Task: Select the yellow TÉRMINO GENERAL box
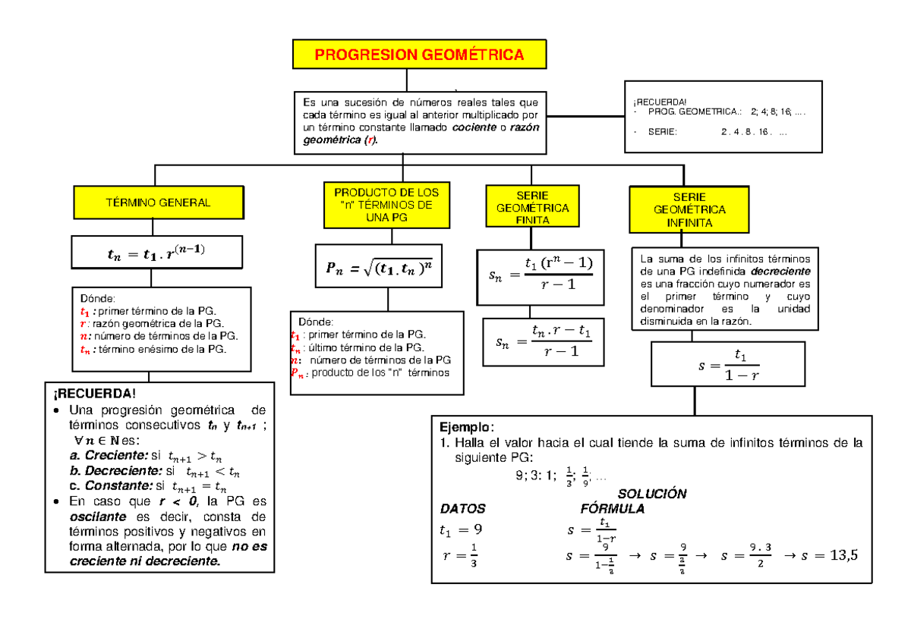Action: click(x=159, y=203)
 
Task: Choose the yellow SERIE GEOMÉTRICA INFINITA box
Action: click(x=689, y=210)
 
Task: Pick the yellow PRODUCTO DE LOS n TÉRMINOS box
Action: click(x=386, y=205)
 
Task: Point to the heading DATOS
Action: click(x=462, y=508)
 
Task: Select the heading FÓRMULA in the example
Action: click(x=612, y=508)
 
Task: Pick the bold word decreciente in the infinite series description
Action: click(x=780, y=271)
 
